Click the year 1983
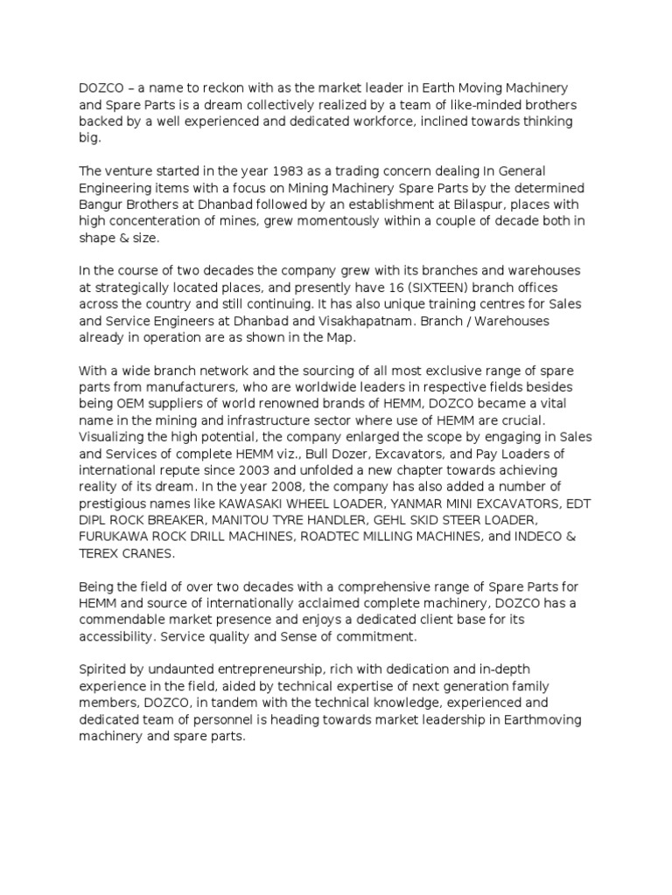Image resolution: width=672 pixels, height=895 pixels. tap(246, 170)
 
